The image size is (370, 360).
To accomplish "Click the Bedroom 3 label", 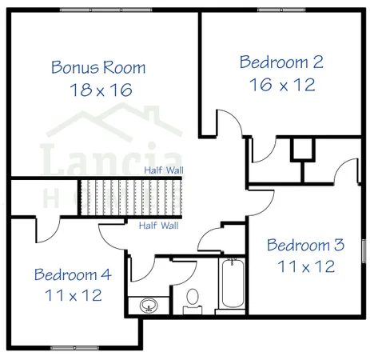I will click(305, 245).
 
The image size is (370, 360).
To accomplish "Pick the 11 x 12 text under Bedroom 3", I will click(305, 266).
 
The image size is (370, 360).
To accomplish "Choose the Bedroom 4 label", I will click(73, 274).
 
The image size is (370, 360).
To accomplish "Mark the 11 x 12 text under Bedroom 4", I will click(73, 295).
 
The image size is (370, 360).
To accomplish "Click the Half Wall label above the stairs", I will click(162, 170).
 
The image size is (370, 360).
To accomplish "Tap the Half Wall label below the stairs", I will click(158, 226).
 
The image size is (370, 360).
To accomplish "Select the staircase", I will click(133, 198).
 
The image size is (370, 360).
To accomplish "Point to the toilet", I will click(193, 299).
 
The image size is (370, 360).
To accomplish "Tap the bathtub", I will click(233, 286).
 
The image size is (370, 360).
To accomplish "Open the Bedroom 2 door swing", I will click(228, 126).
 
